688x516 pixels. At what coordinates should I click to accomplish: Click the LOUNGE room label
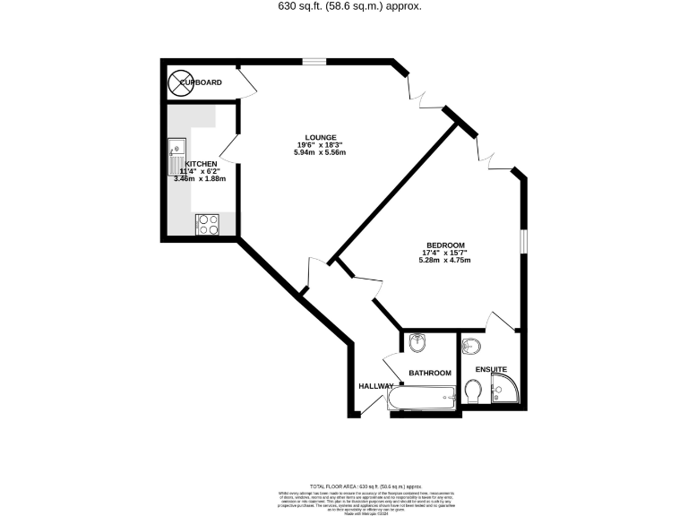[320, 137]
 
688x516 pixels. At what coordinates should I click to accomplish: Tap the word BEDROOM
[444, 245]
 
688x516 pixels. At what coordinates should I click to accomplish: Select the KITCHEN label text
[202, 164]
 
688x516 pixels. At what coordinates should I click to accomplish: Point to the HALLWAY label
[376, 386]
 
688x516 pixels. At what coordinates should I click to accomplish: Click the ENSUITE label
[491, 368]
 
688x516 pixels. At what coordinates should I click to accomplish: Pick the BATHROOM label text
[429, 372]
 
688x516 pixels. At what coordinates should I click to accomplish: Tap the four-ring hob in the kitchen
[208, 224]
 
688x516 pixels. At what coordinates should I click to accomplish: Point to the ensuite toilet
[475, 391]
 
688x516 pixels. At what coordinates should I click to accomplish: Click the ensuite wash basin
[472, 345]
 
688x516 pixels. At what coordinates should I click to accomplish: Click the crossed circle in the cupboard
[179, 82]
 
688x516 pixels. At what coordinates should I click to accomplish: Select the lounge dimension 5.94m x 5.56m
[320, 152]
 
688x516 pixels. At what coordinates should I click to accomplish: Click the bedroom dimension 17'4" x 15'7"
[444, 254]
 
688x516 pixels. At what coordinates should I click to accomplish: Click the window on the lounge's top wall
[314, 61]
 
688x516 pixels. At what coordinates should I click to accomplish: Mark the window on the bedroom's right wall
[524, 242]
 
